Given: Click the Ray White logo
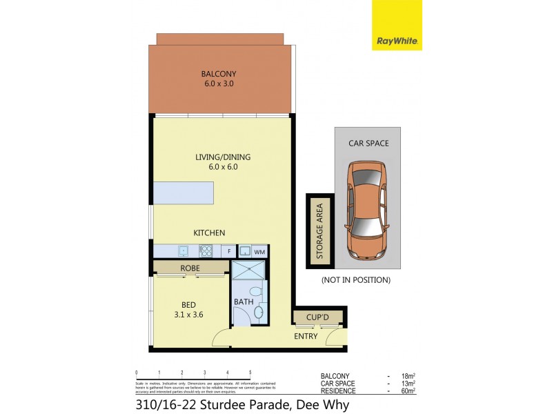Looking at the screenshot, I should coord(397,26).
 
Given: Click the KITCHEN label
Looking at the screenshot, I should coord(208,233).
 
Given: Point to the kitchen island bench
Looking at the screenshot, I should coord(184,193).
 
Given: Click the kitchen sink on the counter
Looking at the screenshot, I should coord(183,251).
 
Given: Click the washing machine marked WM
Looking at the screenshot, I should coord(259,252).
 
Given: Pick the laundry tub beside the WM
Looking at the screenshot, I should coord(244,251).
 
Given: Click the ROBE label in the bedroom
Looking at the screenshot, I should coord(190,268).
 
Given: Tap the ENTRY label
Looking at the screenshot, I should coord(306,336).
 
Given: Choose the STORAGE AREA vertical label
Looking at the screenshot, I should coord(319,231).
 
